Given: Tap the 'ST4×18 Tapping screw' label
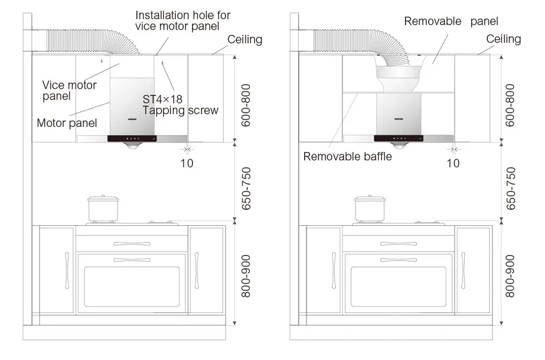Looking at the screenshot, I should [x=180, y=104].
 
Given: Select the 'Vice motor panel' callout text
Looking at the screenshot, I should [x=69, y=90].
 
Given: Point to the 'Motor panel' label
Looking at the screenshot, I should [x=66, y=123].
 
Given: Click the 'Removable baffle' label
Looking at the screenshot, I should [x=347, y=157].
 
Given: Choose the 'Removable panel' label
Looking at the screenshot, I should [x=451, y=21].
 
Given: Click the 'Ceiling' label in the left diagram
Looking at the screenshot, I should [x=244, y=39].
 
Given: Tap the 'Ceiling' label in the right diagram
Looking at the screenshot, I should [x=503, y=39].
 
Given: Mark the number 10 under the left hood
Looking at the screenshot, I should [x=187, y=162].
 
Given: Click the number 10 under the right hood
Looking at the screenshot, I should [x=453, y=162].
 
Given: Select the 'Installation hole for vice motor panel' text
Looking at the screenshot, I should [x=182, y=20].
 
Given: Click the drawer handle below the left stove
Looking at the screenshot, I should [x=131, y=244].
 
